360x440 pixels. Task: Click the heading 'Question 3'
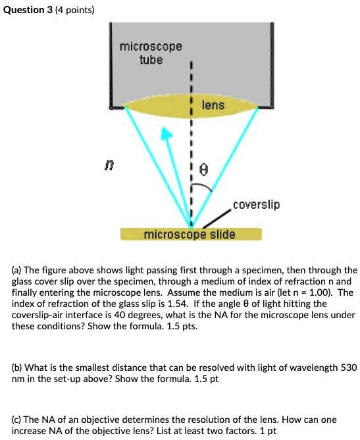(x=26, y=10)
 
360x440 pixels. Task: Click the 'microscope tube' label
(x=151, y=53)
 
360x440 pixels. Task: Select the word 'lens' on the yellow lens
(x=213, y=105)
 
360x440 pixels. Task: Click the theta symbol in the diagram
(x=204, y=170)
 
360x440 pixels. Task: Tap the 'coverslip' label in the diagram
(x=256, y=205)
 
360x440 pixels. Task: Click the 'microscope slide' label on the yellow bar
(x=190, y=234)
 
